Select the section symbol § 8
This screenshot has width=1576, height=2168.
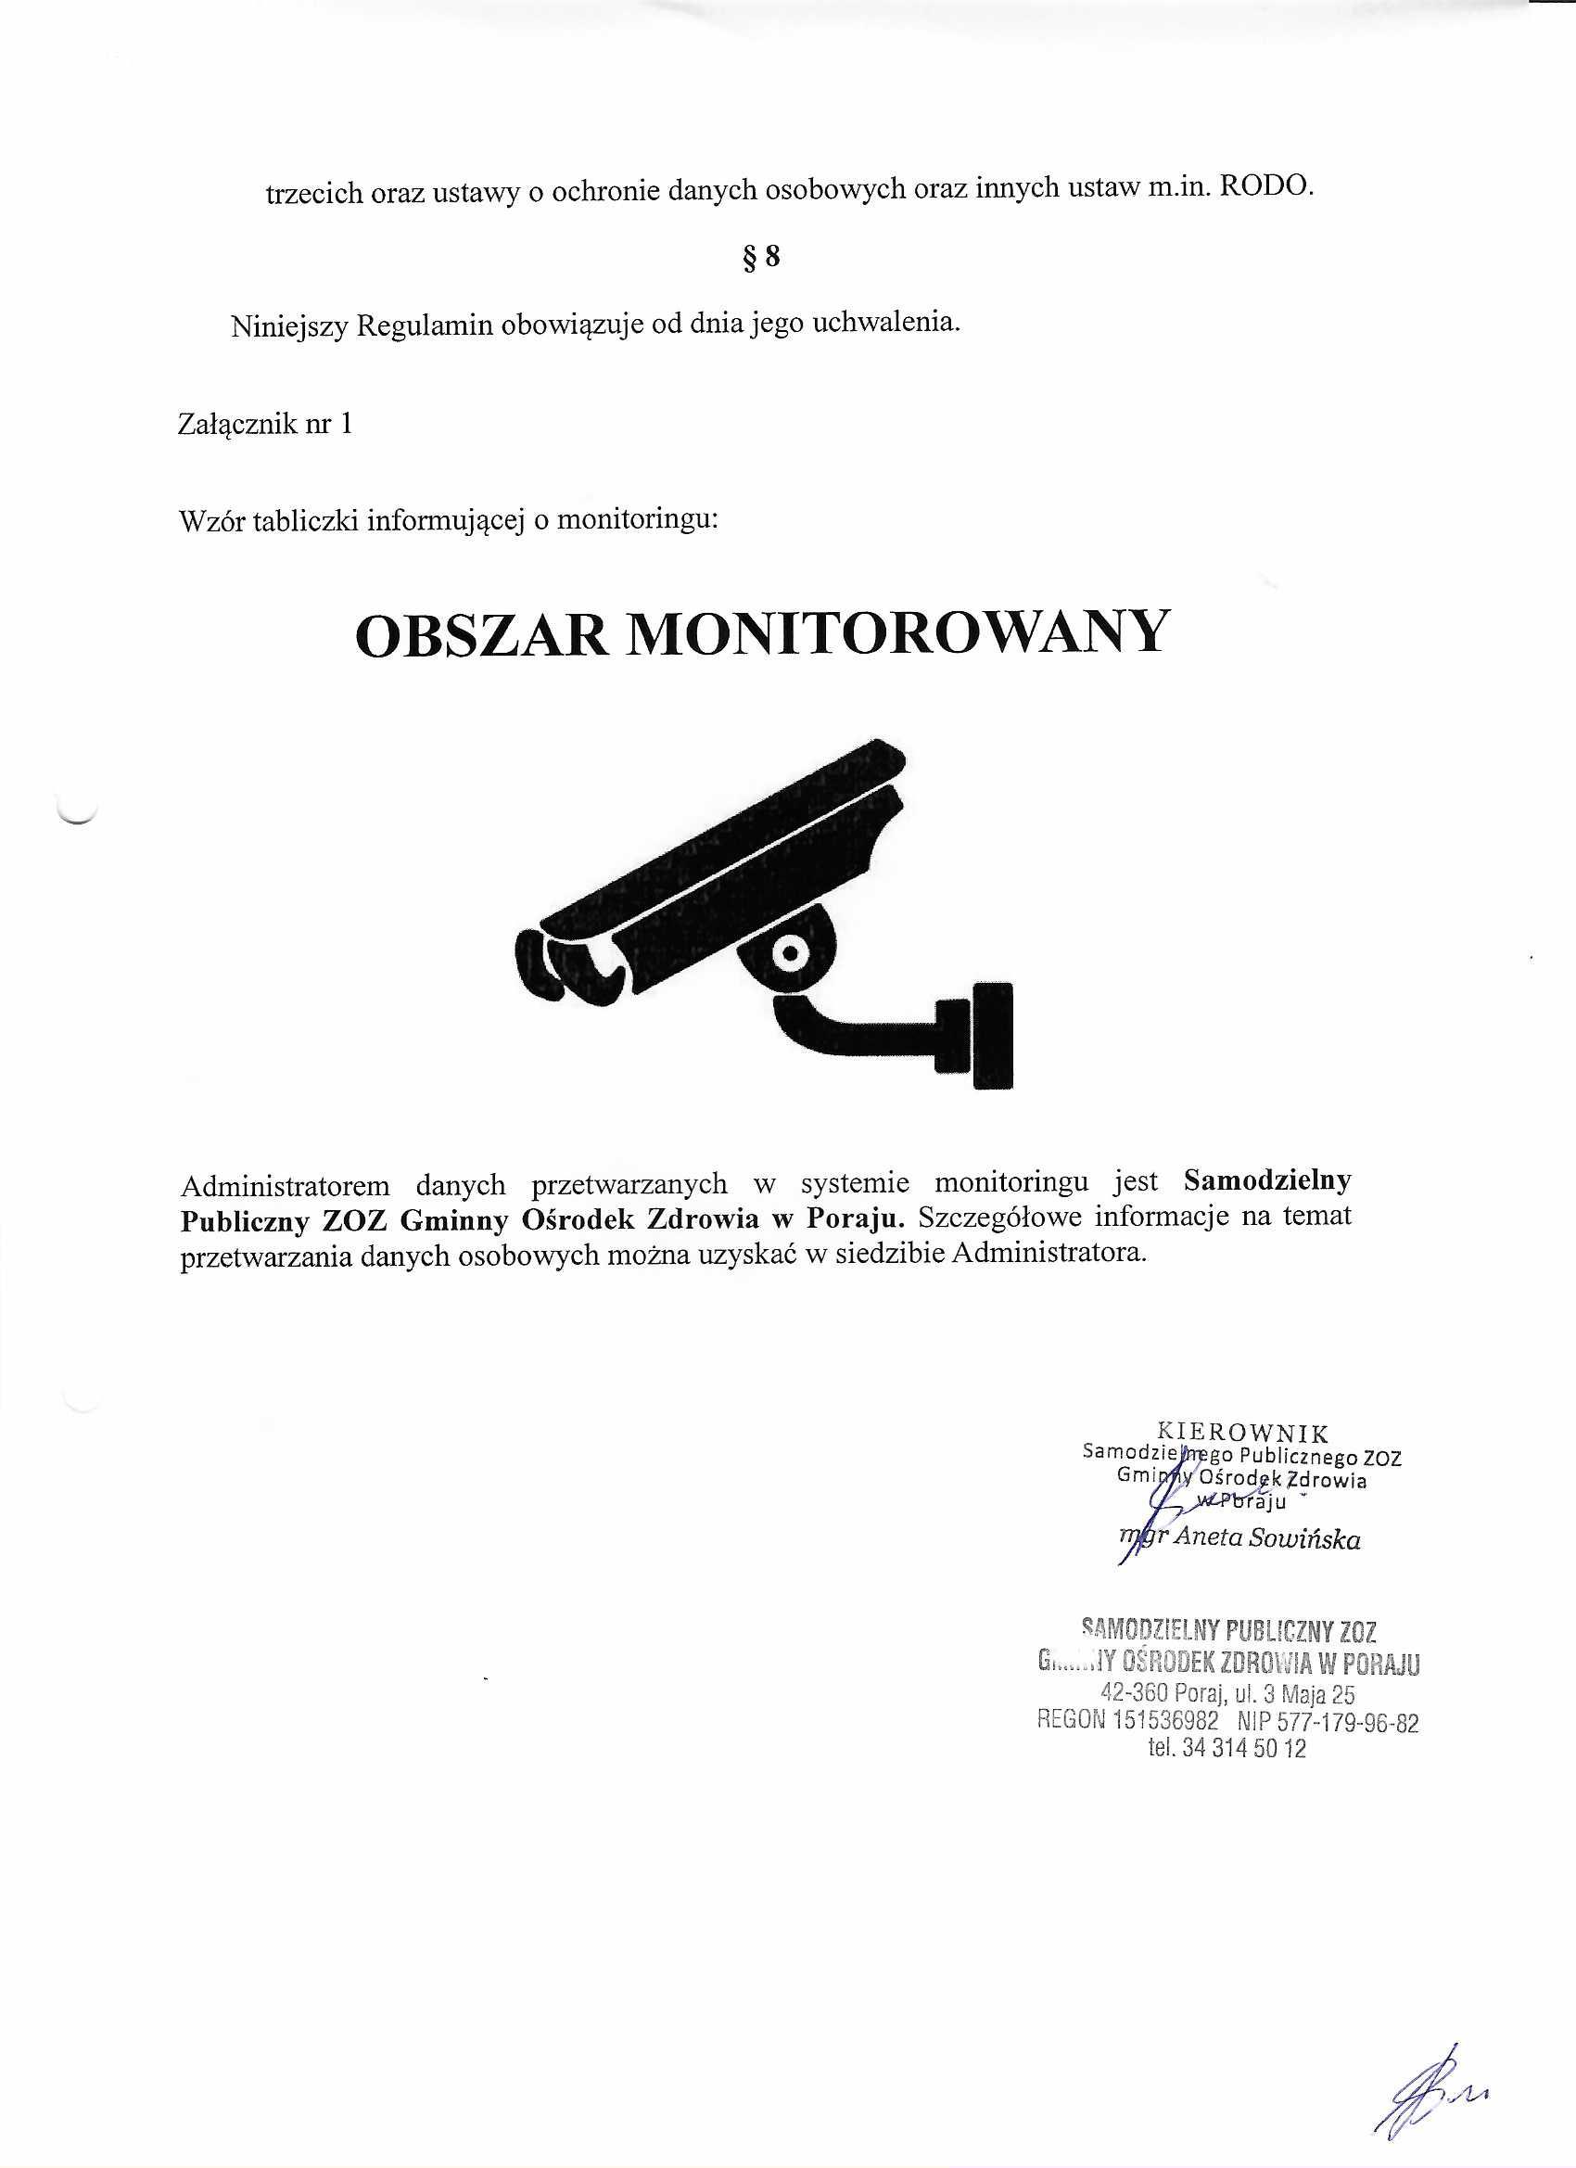tap(761, 257)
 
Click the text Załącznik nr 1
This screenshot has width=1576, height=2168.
tap(265, 424)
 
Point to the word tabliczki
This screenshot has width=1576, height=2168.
tap(306, 521)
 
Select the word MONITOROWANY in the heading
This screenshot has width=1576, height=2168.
tap(897, 632)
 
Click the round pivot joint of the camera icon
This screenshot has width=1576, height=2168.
tap(791, 952)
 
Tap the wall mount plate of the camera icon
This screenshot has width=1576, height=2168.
tap(992, 1036)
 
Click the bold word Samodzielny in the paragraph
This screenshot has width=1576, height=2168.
tap(1266, 1181)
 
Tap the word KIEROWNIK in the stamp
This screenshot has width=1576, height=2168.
tap(1242, 1432)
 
